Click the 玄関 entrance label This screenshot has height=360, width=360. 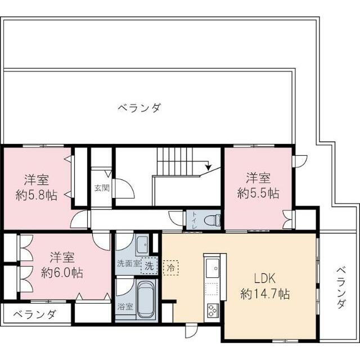coord(102,187)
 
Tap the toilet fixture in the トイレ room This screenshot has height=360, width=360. coord(212,219)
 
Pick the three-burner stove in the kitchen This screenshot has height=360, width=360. coord(213,309)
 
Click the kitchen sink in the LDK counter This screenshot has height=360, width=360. coord(212,269)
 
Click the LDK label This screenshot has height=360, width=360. coord(264,278)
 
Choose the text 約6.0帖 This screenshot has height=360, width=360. coord(62,272)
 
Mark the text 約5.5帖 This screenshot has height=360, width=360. coord(258,193)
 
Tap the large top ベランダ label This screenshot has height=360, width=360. coord(139,107)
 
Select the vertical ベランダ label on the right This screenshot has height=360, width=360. coord(341,287)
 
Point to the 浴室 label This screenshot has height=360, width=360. coord(125,307)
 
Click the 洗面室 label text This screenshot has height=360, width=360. coord(129,263)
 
